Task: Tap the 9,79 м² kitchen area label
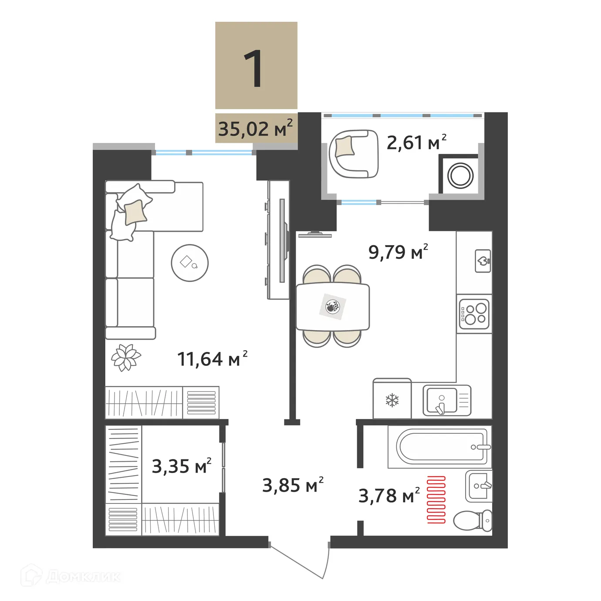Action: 398,252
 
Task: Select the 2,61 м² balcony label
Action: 416,143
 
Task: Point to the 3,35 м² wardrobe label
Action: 181,466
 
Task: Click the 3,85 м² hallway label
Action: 293,485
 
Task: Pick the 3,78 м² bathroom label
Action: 389,496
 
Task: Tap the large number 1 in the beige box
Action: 254,69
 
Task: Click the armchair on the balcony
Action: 354,154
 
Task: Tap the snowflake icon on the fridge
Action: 392,400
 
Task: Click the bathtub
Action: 442,446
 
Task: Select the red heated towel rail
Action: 436,499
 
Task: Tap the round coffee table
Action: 189,263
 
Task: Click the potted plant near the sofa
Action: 126,358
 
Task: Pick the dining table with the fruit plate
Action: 333,307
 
